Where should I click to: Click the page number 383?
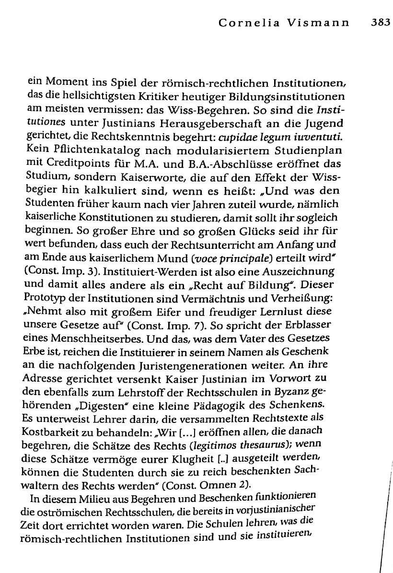[x=381, y=23]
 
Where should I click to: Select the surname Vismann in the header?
[x=324, y=23]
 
